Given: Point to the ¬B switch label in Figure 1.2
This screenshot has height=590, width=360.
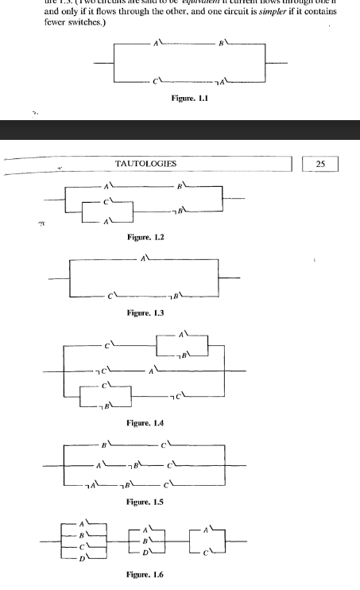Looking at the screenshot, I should click(179, 210).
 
